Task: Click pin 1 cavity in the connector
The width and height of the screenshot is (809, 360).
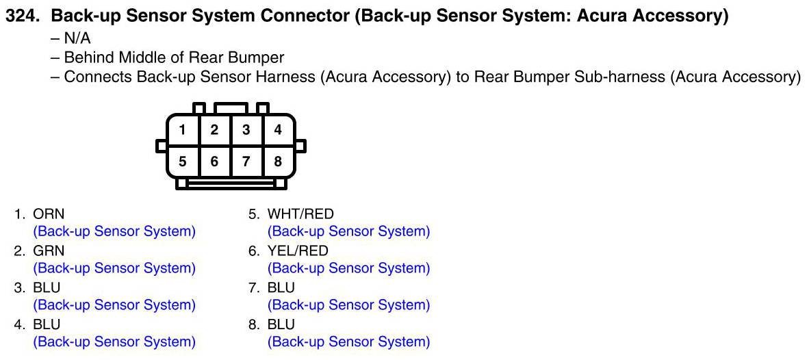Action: [183, 130]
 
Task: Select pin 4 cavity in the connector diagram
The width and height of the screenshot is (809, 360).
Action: [278, 130]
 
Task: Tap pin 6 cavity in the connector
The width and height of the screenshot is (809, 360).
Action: [214, 162]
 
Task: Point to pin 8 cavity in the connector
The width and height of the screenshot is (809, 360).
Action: [278, 162]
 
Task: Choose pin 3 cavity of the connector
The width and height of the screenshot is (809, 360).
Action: [246, 130]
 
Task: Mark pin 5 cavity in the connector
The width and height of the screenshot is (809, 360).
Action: [183, 162]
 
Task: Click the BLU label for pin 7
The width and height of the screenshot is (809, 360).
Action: [281, 288]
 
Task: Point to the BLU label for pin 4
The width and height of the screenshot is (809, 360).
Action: [47, 324]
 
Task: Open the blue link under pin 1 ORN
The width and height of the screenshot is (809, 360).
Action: [114, 231]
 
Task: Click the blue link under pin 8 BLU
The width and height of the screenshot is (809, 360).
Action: [349, 342]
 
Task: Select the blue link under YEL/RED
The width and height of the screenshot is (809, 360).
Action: [349, 268]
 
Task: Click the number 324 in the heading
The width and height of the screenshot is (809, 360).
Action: [21, 16]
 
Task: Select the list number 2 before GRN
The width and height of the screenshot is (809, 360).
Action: [19, 251]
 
